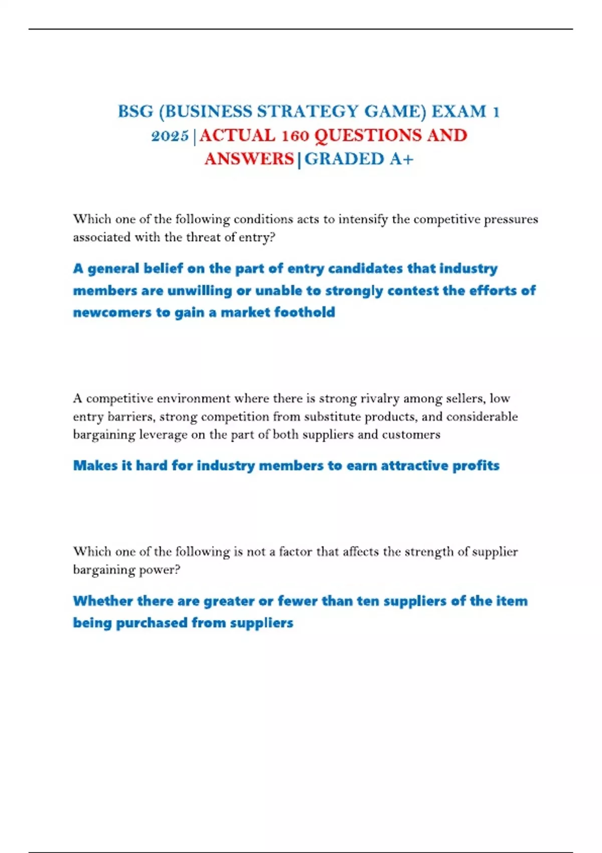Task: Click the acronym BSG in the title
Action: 135,111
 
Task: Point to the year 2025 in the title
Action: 170,135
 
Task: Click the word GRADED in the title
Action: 344,159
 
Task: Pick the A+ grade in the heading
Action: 401,159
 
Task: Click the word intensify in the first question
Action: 363,220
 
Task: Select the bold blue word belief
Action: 163,268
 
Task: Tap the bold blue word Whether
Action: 102,601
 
